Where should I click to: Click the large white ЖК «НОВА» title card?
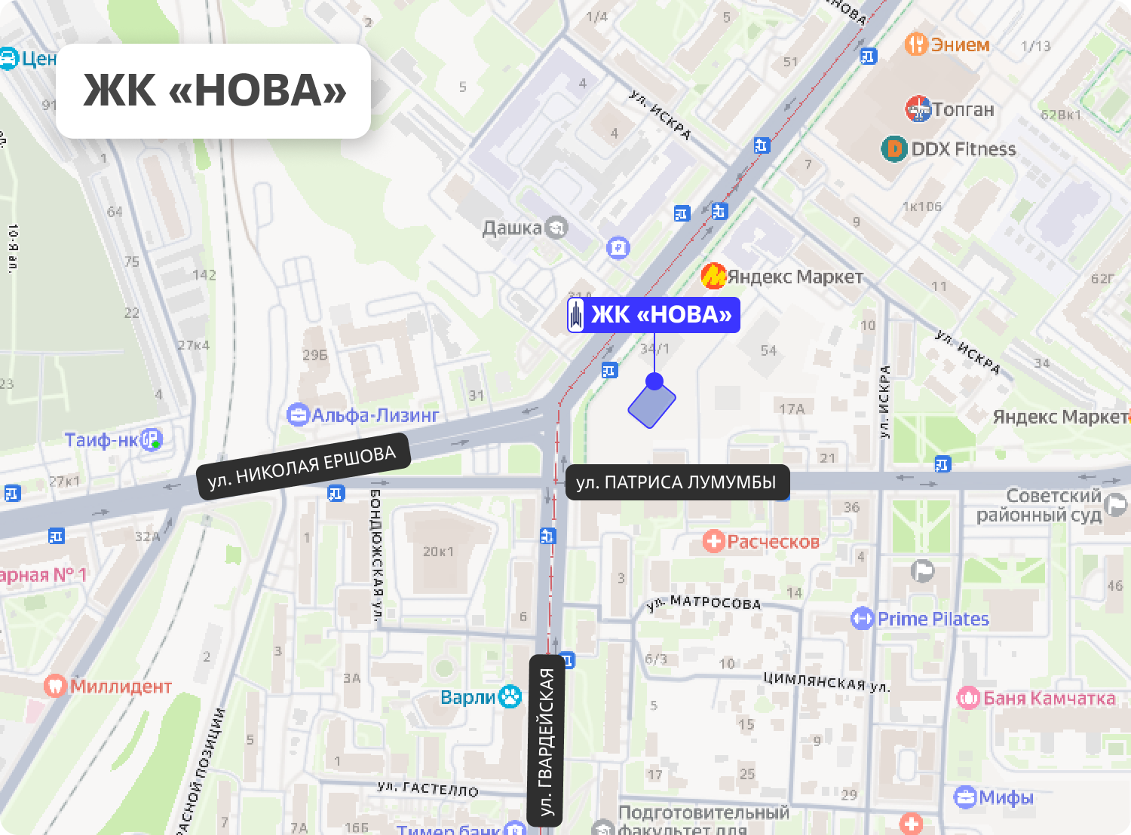click(213, 90)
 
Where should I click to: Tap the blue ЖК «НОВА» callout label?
click(654, 315)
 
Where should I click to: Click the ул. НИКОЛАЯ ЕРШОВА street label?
click(302, 467)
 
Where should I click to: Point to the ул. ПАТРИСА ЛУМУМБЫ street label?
click(676, 482)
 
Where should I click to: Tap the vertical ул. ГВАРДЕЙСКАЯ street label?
click(547, 741)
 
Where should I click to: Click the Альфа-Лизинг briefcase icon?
click(299, 414)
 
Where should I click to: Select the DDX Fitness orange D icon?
click(894, 149)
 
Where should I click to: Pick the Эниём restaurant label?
click(959, 44)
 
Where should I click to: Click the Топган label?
click(963, 110)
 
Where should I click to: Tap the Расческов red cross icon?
click(713, 541)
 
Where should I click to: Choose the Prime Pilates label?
click(933, 619)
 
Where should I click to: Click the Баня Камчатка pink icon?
click(968, 698)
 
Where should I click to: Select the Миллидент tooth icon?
click(55, 686)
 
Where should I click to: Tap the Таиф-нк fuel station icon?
click(153, 439)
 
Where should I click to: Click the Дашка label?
click(512, 228)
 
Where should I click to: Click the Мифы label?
click(1006, 797)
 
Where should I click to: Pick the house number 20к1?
click(438, 552)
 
